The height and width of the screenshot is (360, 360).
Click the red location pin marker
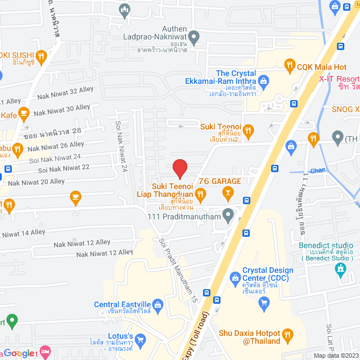(x=179, y=168)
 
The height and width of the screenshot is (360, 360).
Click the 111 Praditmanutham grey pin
(x=228, y=214)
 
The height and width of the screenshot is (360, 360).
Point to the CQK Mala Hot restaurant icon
(x=290, y=65)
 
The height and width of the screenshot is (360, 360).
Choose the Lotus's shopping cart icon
(x=141, y=339)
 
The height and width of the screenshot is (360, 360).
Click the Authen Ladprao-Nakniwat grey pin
(x=194, y=38)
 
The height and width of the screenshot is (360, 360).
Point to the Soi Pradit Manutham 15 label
(x=179, y=270)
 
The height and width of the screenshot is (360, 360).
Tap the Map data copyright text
(x=335, y=355)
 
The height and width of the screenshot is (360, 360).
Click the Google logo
(x=20, y=353)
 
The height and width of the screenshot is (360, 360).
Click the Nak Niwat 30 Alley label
(x=62, y=112)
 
